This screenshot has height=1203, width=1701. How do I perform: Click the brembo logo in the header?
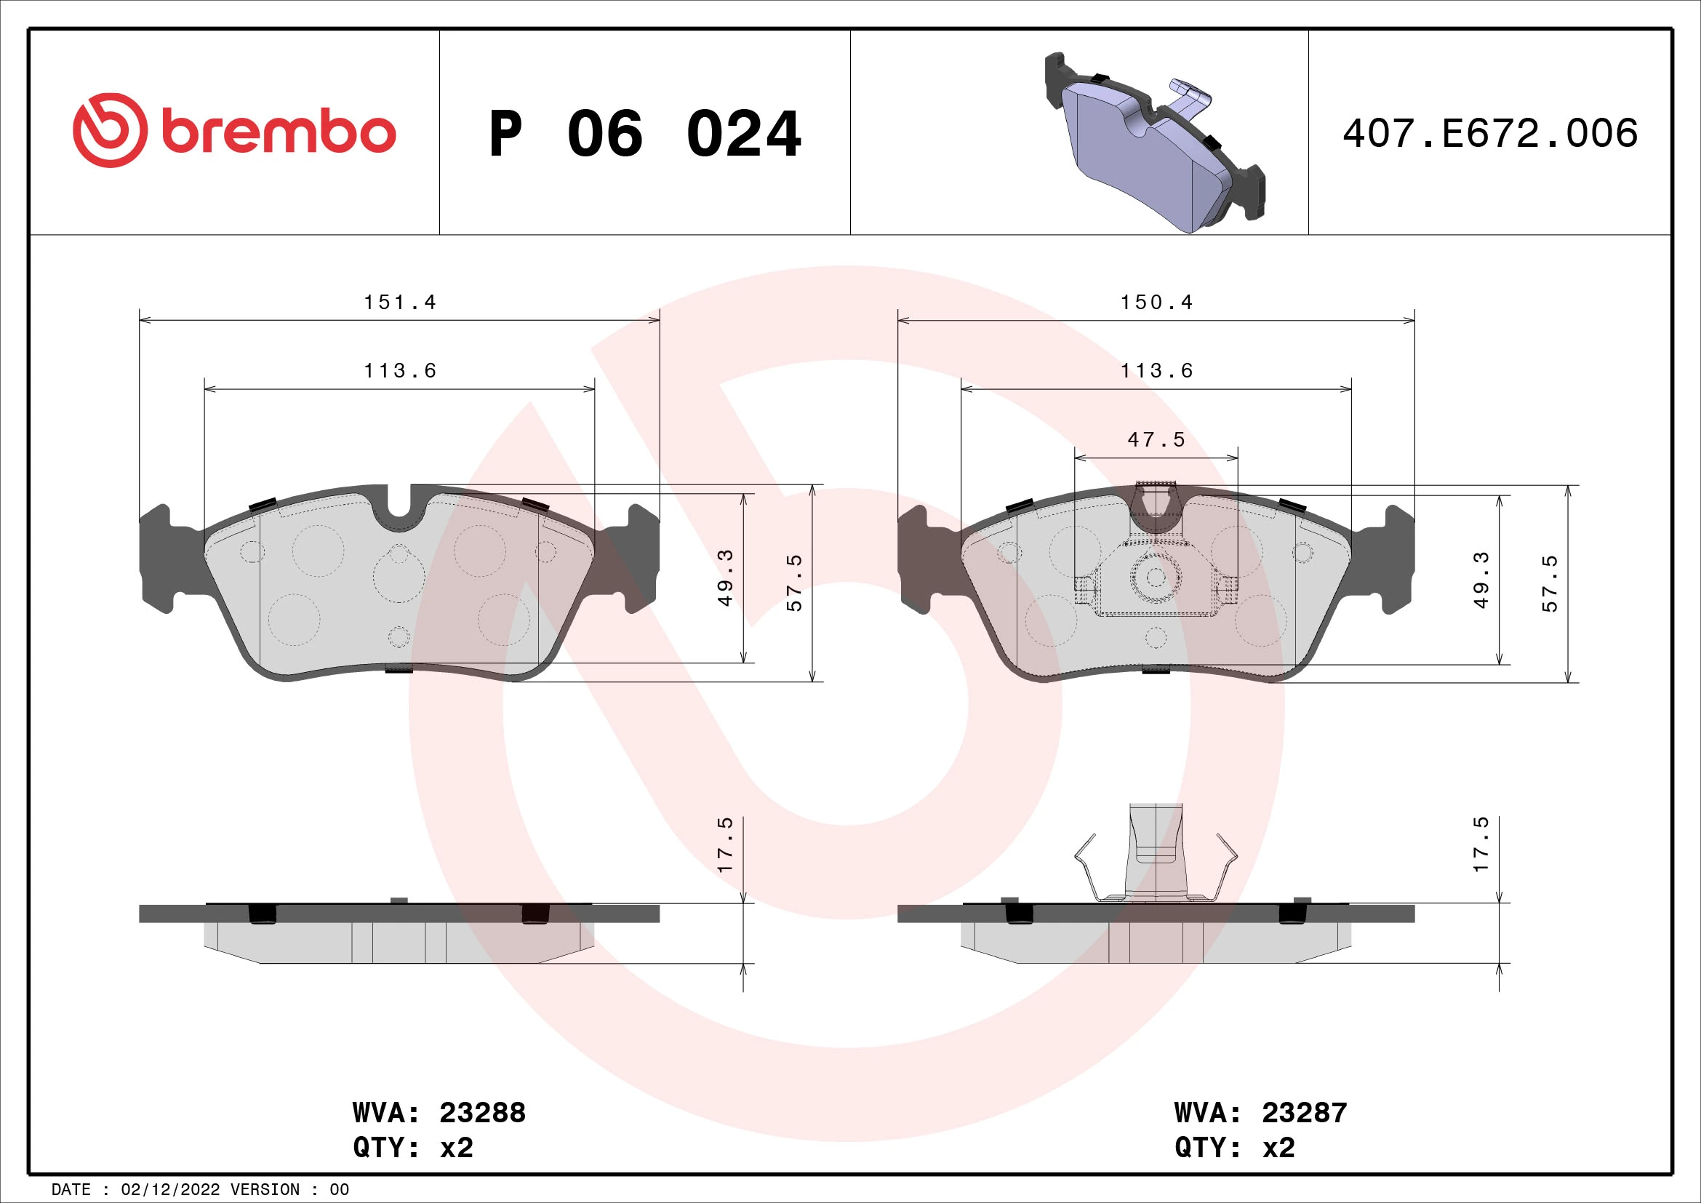(234, 132)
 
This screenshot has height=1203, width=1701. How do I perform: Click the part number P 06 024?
(644, 134)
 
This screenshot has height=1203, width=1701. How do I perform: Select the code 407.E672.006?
(1490, 133)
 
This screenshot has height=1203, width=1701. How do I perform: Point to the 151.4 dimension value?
(399, 303)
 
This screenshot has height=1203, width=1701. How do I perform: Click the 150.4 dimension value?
(1156, 303)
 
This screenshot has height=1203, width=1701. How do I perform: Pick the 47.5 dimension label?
(1156, 440)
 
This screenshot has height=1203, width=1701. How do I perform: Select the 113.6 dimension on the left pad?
(399, 370)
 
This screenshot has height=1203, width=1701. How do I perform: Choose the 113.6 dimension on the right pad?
(1156, 370)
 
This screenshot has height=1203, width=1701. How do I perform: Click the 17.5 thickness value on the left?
(724, 844)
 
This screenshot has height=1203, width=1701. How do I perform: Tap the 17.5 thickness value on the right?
(1480, 844)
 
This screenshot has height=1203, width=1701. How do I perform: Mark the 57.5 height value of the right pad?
(1549, 583)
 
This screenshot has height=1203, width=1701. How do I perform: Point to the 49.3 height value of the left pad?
(724, 577)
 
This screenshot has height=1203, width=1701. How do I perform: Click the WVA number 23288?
(482, 1113)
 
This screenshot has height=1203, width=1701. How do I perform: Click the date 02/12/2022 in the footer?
(170, 1190)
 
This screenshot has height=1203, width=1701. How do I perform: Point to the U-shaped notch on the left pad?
(399, 508)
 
